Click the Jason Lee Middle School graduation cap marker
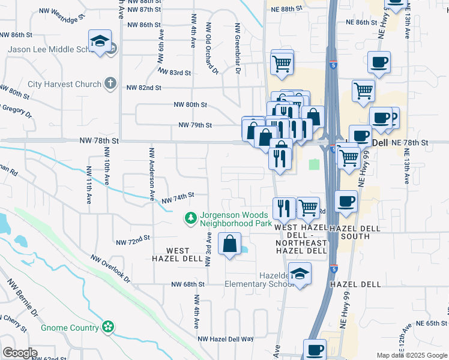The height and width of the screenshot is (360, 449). coord(100,41)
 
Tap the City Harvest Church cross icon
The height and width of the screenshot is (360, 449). coord(110,83)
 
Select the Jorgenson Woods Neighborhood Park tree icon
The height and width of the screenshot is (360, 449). coord(191,218)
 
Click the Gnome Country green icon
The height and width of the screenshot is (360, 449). coord(108,328)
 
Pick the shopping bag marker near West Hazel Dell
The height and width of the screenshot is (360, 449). coord(230,244)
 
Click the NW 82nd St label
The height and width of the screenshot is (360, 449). coord(144,88)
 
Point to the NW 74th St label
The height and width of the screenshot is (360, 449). coord(178,197)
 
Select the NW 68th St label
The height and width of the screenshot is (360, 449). coord(188,284)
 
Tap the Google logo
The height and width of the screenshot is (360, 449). coord(20,353)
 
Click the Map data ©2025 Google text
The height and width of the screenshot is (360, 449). coord(411,355)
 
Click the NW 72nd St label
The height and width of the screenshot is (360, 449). coord(132,241)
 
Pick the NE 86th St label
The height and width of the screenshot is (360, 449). coord(365,22)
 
